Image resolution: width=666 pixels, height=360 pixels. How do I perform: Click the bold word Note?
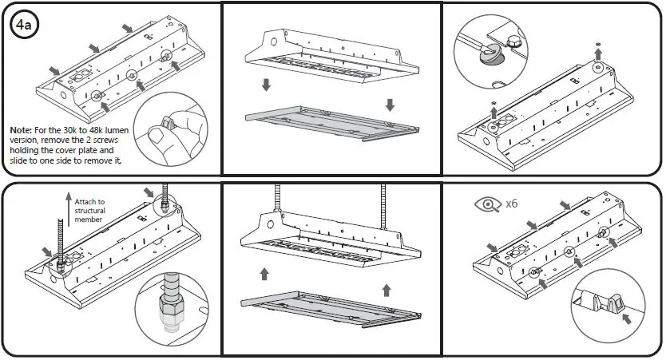23,129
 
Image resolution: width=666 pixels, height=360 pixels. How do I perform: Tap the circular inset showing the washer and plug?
486,49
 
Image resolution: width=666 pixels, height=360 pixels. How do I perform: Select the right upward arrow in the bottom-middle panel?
387,290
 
